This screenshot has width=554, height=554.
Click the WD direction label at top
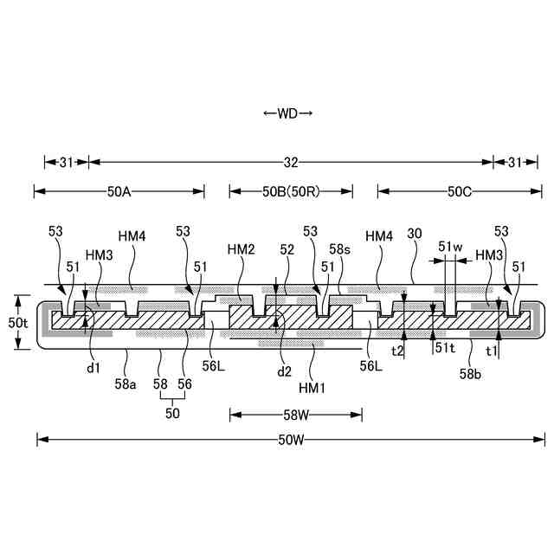click(287, 113)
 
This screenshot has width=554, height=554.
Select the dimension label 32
click(291, 161)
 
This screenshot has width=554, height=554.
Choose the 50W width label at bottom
click(291, 440)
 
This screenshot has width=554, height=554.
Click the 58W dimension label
click(295, 415)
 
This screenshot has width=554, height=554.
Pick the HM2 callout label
click(241, 248)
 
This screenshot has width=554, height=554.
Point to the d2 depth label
click(285, 373)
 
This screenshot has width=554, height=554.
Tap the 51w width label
click(450, 247)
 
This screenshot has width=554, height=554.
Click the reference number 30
click(414, 233)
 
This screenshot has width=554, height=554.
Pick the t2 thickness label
click(398, 351)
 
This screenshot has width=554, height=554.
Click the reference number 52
click(287, 248)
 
